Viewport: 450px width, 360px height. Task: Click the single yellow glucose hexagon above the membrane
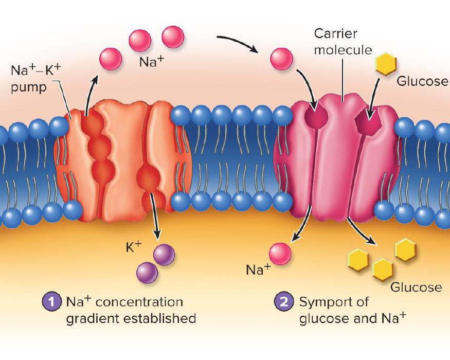click(x=386, y=65)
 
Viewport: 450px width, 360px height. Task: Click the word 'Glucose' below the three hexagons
click(x=416, y=287)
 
